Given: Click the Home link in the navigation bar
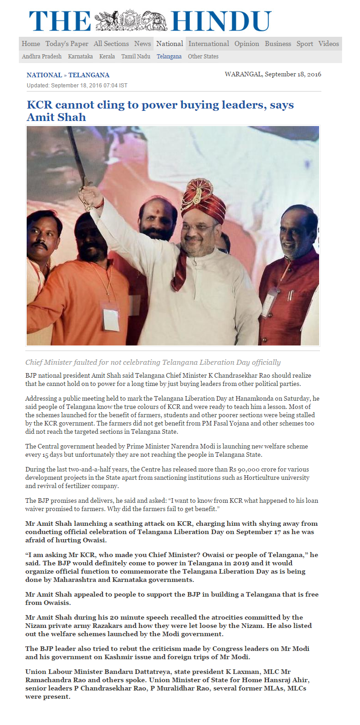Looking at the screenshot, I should click(x=31, y=44).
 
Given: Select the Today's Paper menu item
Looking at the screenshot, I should click(x=67, y=44).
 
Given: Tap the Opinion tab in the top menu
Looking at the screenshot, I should click(x=246, y=44).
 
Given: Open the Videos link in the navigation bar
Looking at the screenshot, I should click(x=328, y=44).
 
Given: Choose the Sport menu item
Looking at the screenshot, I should click(x=304, y=44).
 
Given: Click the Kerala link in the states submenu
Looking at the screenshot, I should click(x=107, y=57).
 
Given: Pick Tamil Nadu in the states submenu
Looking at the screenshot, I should click(x=136, y=57).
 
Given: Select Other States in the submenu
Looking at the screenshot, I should click(x=203, y=57).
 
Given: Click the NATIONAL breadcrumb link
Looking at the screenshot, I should click(x=44, y=75).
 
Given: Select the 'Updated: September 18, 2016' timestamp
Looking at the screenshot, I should click(x=77, y=86).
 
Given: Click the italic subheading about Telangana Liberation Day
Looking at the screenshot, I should click(x=153, y=362).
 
